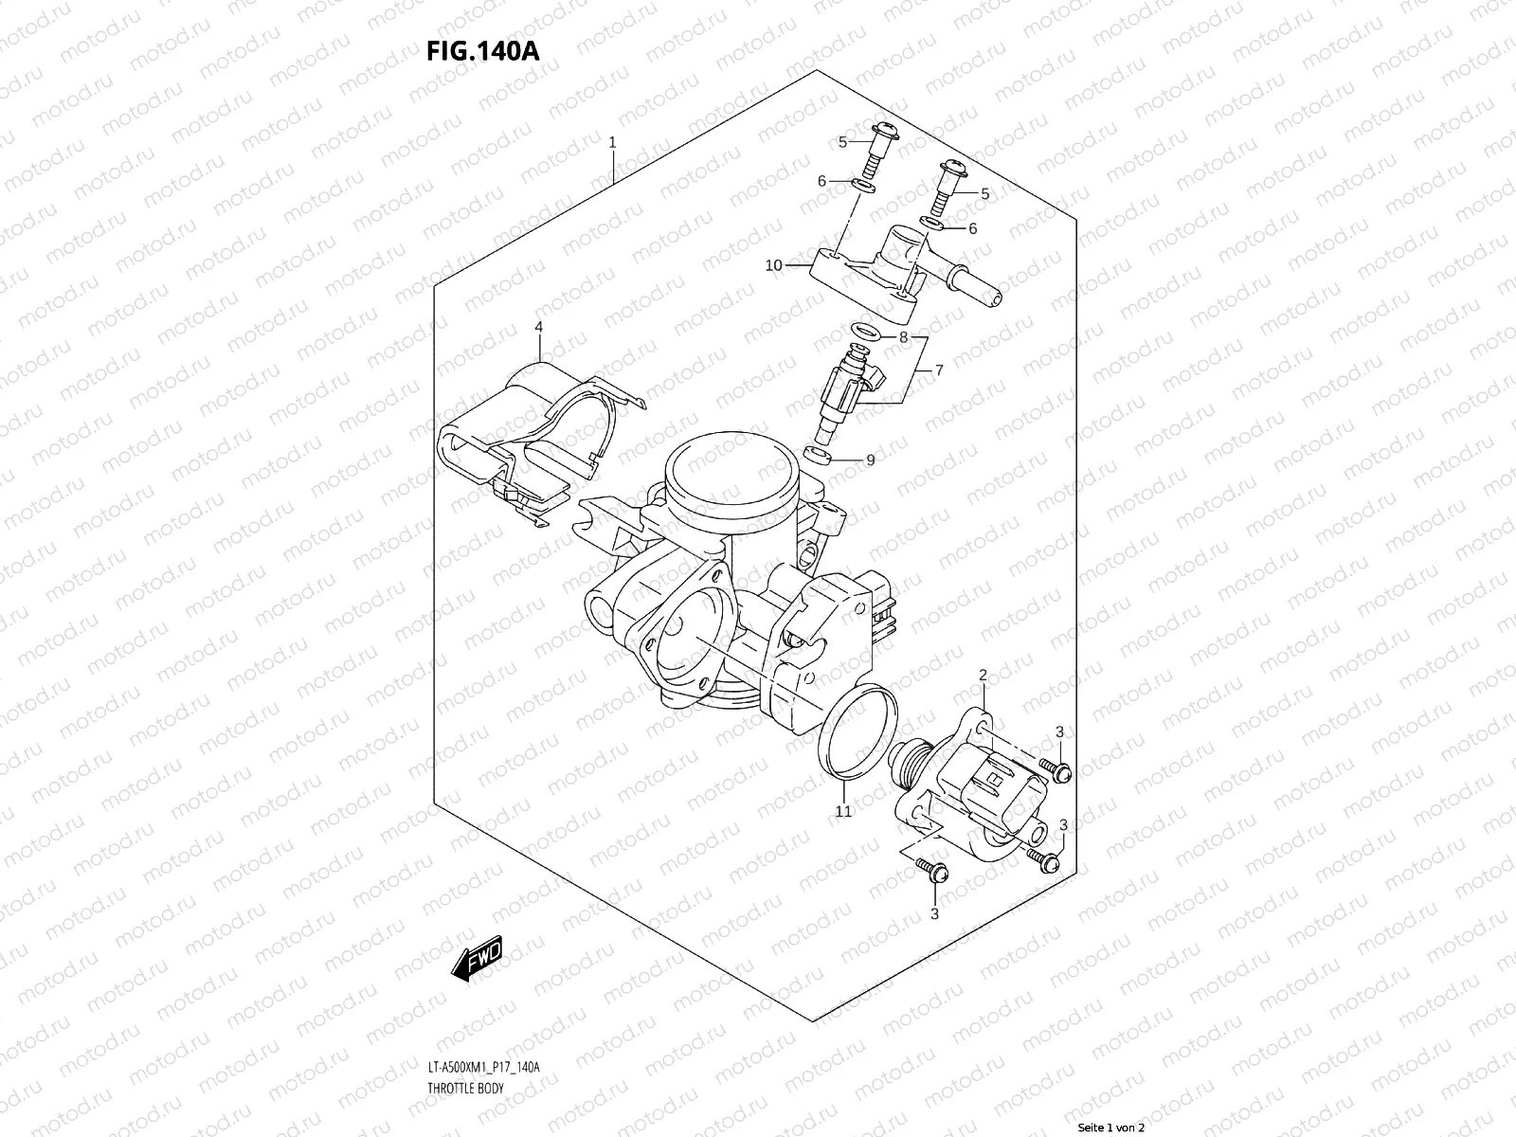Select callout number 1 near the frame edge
(613, 142)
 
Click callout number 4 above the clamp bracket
(538, 327)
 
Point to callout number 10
(773, 265)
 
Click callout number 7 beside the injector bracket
(939, 370)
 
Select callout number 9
(870, 460)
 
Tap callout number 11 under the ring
(843, 811)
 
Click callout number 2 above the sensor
(983, 676)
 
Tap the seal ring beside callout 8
(863, 333)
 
